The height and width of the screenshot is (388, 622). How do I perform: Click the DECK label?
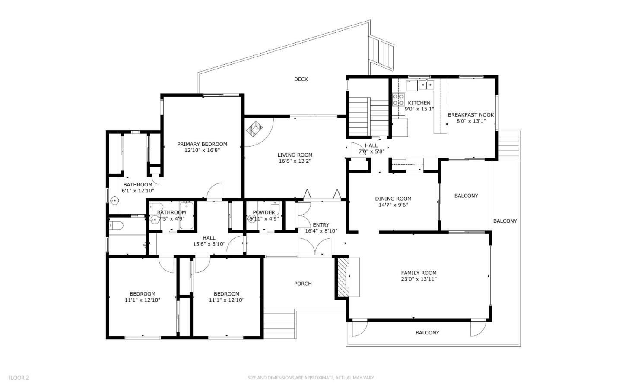click(301, 79)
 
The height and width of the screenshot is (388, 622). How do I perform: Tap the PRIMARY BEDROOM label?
click(202, 144)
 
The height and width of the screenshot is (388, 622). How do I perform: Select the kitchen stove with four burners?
click(398, 100)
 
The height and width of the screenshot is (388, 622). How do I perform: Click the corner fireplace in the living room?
click(254, 129)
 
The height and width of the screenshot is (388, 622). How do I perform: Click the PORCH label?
click(303, 284)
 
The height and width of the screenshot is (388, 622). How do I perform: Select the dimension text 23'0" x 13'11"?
click(419, 279)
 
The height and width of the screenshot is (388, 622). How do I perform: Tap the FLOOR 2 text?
click(19, 378)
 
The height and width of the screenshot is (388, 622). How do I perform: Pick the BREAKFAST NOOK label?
click(470, 115)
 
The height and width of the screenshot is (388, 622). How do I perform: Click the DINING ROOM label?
click(393, 199)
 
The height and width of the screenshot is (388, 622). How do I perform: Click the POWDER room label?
click(263, 212)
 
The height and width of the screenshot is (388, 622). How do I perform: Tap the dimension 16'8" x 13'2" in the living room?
click(295, 161)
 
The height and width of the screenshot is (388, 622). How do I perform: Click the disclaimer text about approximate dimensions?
click(311, 378)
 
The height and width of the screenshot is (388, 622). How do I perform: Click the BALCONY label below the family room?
click(427, 333)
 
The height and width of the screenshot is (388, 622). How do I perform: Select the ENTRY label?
click(321, 225)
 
